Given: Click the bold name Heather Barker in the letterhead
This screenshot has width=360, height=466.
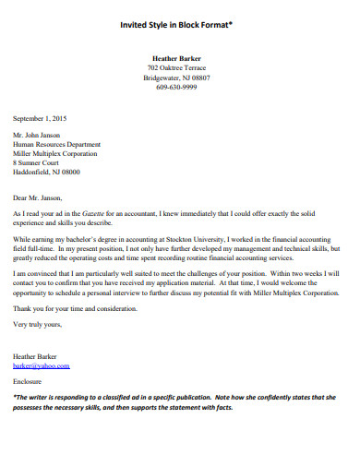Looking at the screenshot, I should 177,59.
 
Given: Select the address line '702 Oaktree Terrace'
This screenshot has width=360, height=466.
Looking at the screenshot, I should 177,69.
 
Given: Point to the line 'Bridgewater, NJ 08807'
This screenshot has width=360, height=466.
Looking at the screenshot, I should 177,79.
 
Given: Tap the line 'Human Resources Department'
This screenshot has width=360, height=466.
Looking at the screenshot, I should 57,145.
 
